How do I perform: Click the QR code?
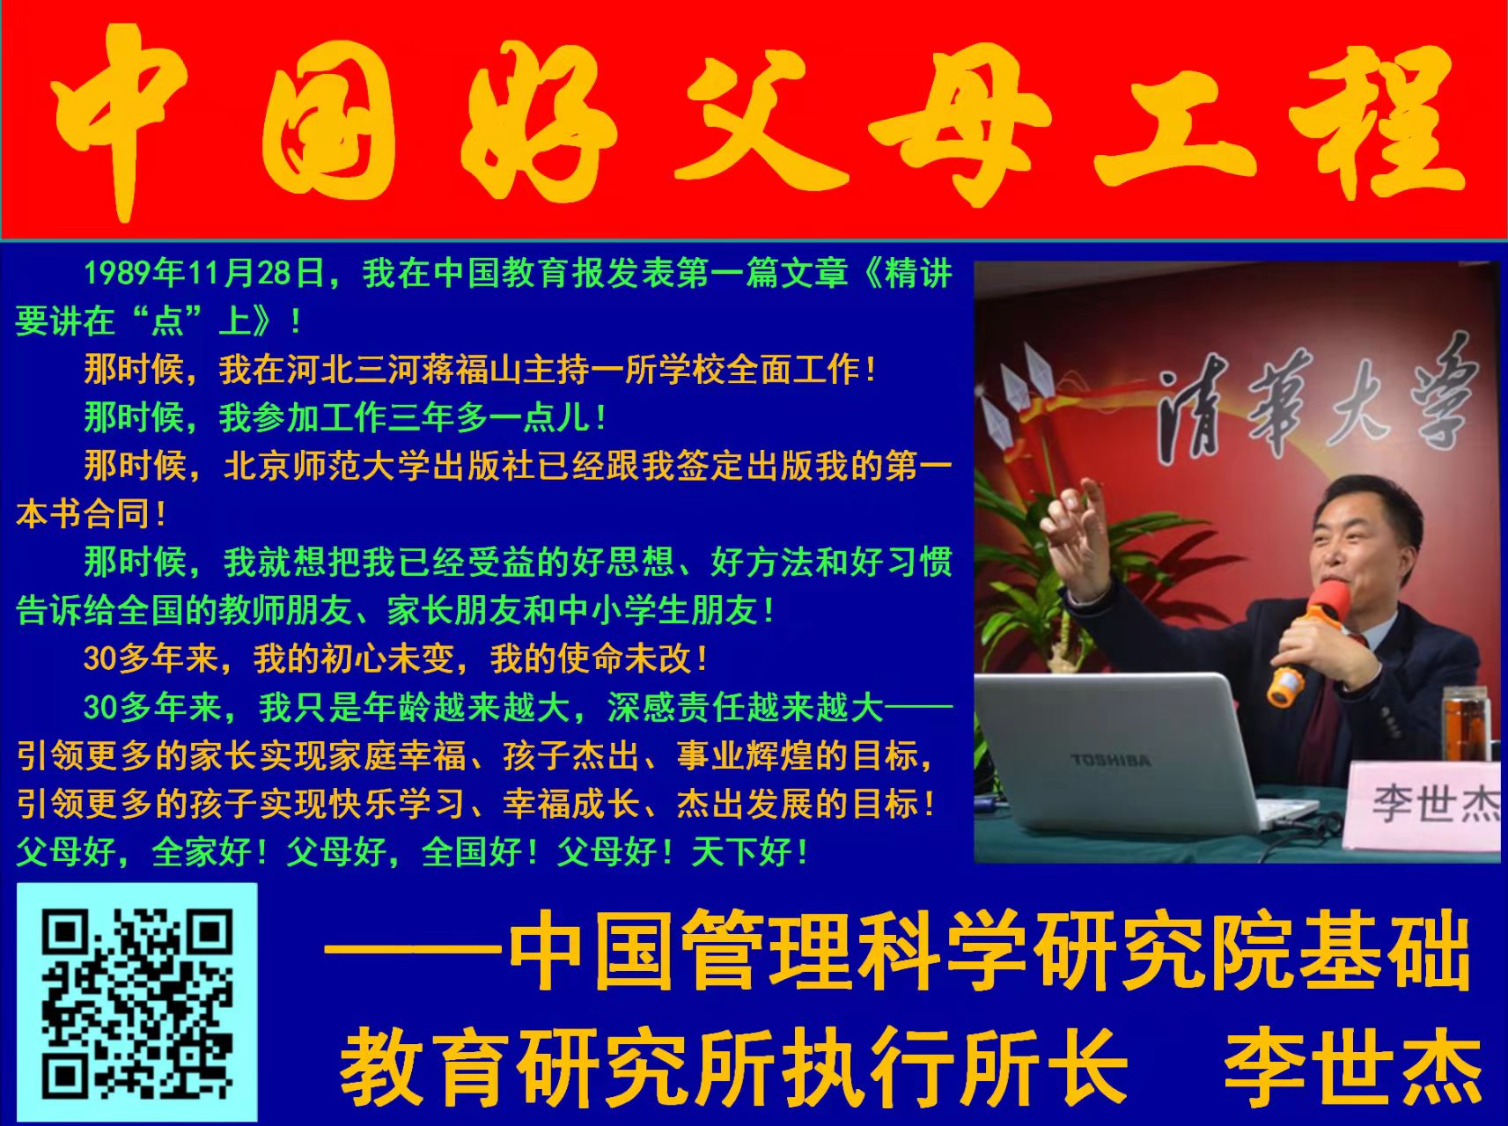point(137,1003)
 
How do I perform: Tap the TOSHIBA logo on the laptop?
point(1110,760)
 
